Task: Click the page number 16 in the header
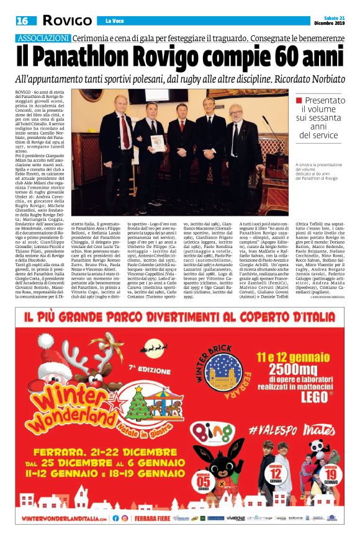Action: [22, 21]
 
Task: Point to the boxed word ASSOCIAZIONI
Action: [43, 38]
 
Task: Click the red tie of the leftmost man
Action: [124, 131]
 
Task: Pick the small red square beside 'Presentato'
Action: [299, 100]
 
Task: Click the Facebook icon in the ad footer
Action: [114, 518]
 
